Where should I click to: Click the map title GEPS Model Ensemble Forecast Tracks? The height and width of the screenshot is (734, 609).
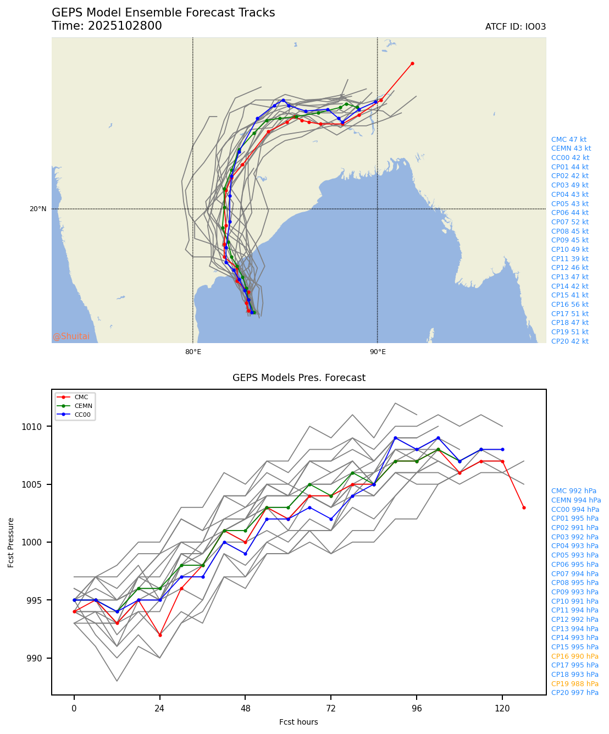pyautogui.click(x=163, y=13)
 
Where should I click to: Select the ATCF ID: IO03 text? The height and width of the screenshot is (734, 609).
pyautogui.click(x=515, y=27)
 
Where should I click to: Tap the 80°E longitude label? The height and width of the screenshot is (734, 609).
pyautogui.click(x=193, y=352)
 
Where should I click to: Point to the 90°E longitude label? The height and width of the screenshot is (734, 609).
pyautogui.click(x=377, y=352)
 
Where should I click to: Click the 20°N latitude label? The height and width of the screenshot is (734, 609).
pyautogui.click(x=38, y=209)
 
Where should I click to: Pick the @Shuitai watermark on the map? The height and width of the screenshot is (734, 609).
pyautogui.click(x=71, y=336)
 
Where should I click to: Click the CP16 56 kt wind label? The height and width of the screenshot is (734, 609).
pyautogui.click(x=569, y=305)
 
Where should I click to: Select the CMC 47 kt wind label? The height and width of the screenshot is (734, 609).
pyautogui.click(x=568, y=140)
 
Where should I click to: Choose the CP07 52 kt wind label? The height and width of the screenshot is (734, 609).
pyautogui.click(x=569, y=222)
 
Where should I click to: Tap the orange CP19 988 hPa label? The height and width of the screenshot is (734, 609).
pyautogui.click(x=574, y=684)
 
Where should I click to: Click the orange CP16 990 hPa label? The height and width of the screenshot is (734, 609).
pyautogui.click(x=574, y=656)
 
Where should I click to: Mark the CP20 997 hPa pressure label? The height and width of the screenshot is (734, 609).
pyautogui.click(x=574, y=693)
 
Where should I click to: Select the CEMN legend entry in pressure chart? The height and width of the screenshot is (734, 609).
pyautogui.click(x=83, y=406)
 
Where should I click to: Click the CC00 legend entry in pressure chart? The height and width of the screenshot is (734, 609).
pyautogui.click(x=83, y=415)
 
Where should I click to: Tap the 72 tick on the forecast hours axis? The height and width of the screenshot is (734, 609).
pyautogui.click(x=331, y=709)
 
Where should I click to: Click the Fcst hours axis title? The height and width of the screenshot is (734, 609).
pyautogui.click(x=298, y=722)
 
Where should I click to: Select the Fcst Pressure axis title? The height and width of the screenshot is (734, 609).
pyautogui.click(x=12, y=542)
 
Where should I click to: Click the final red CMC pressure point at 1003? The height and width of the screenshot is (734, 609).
pyautogui.click(x=524, y=507)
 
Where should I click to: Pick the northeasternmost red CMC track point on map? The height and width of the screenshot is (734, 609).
pyautogui.click(x=412, y=63)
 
